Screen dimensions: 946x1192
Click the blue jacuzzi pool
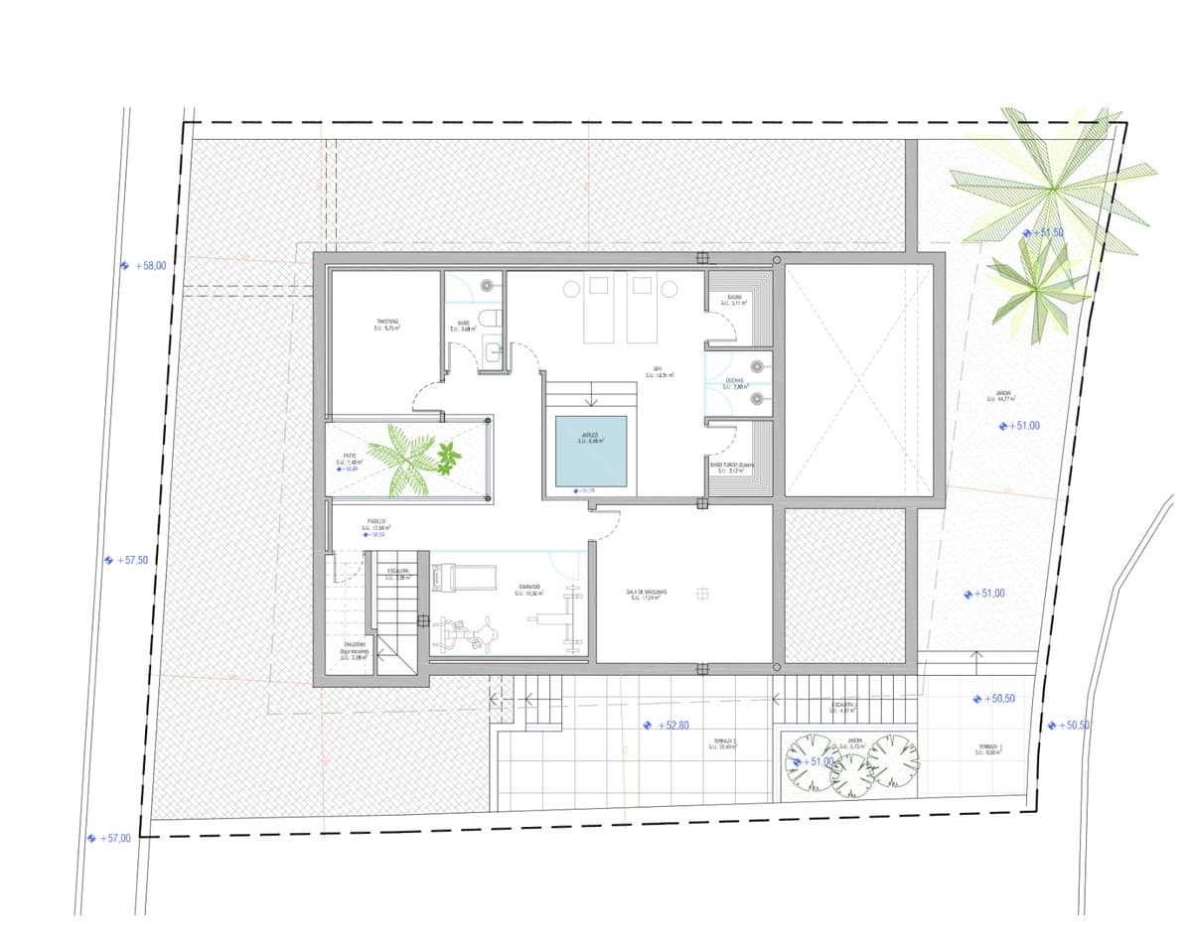[590, 451]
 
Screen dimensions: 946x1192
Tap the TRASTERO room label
[387, 325]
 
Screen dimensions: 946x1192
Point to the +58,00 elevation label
[151, 266]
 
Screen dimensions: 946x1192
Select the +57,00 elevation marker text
[115, 839]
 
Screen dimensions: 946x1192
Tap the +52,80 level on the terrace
[672, 726]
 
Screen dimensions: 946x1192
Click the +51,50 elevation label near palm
[1049, 232]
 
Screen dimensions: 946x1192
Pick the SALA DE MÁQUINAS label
[646, 594]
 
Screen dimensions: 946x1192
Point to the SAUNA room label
[735, 300]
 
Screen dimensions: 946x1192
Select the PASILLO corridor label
[376, 523]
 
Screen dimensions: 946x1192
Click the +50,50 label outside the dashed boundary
[1075, 726]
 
